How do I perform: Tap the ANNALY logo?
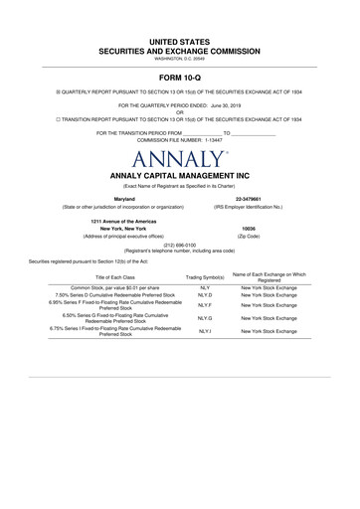tap(179, 159)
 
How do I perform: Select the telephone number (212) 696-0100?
tap(179, 244)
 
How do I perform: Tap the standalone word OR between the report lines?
tap(179, 111)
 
